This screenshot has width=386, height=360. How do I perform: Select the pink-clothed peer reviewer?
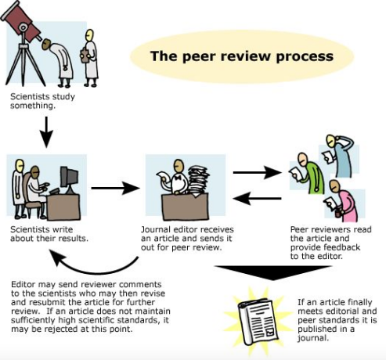(341, 200)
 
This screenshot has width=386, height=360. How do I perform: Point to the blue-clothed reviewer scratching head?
(338, 156)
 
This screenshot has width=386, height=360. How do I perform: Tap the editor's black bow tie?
(179, 178)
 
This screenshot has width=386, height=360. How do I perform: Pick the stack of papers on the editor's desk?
(199, 181)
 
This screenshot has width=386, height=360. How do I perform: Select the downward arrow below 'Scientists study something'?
(46, 132)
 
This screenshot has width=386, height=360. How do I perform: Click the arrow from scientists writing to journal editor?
(115, 188)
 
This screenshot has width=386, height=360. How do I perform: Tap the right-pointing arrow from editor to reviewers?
(258, 172)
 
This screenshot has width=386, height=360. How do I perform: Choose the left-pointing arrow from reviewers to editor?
(258, 199)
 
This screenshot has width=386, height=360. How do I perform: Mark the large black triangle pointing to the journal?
(273, 272)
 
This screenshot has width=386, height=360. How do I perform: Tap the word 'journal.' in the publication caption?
(312, 338)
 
